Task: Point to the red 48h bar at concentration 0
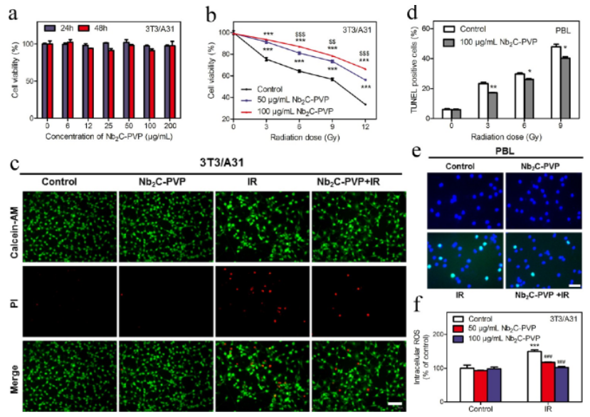50,71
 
